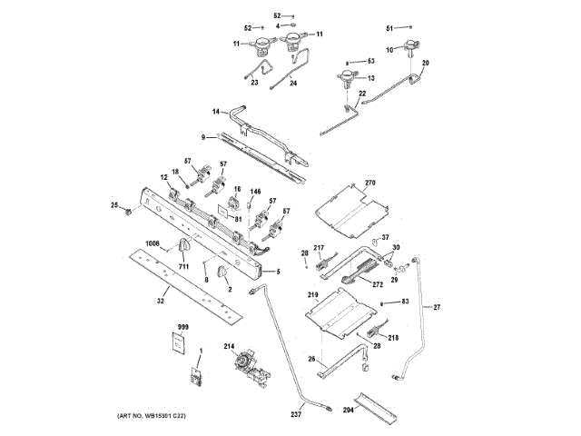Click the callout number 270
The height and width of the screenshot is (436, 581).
(x=369, y=183)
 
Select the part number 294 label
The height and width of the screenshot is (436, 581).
(x=350, y=410)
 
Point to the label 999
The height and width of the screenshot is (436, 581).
(x=182, y=326)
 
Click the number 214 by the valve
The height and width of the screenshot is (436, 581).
(x=229, y=347)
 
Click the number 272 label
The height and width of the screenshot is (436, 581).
(x=377, y=285)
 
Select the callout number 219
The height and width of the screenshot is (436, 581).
(x=312, y=296)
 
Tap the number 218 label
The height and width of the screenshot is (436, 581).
(x=393, y=338)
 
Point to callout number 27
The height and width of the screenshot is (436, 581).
(x=436, y=308)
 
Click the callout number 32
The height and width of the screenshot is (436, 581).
(x=160, y=300)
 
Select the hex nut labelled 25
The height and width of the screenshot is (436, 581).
(x=128, y=213)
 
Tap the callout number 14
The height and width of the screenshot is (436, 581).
(x=216, y=112)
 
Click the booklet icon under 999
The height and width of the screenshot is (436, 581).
(x=179, y=344)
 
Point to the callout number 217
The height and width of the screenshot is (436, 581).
(x=319, y=248)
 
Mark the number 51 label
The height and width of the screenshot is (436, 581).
(x=390, y=30)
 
